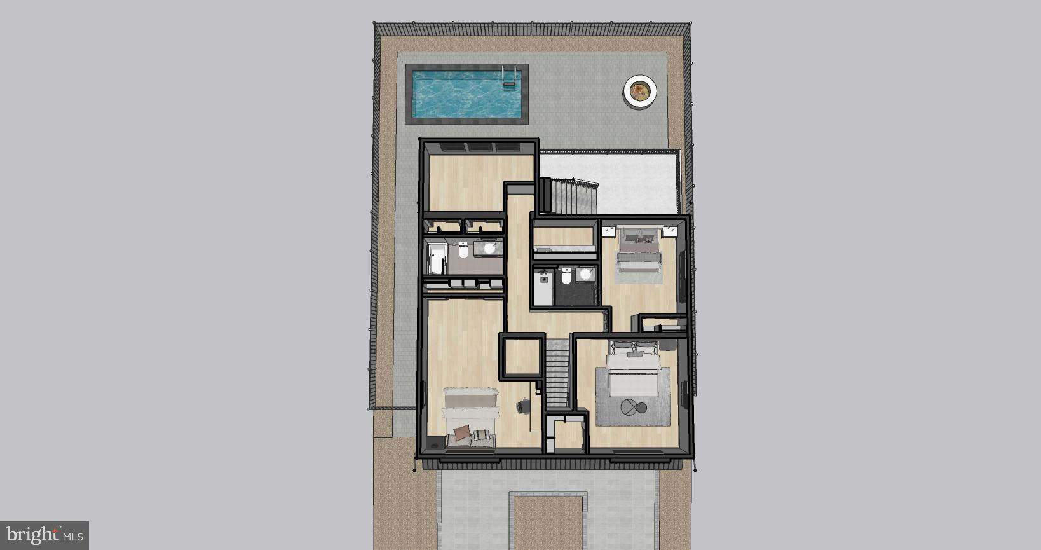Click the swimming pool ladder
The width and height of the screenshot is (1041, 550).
tap(509, 77)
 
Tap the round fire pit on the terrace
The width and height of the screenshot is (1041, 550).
tap(640, 91)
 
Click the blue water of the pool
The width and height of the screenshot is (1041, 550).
tap(466, 94)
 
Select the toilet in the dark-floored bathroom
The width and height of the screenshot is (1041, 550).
tap(566, 275)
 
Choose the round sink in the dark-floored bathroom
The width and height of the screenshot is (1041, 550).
tap(585, 274)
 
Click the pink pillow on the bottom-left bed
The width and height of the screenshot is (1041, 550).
tap(462, 432)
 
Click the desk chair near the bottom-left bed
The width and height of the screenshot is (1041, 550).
tap(523, 406)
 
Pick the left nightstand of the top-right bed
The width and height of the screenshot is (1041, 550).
tap(608, 231)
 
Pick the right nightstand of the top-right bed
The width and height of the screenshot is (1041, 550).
tap(669, 231)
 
